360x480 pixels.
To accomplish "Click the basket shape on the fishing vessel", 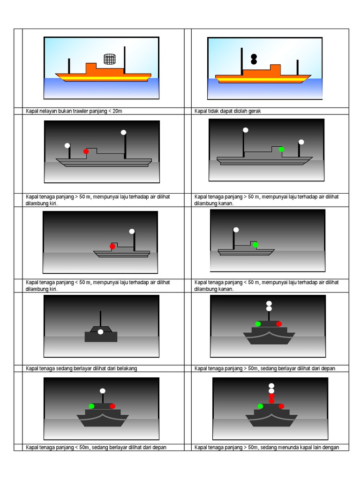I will (x=109, y=59).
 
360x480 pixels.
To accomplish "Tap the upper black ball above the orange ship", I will (x=254, y=56).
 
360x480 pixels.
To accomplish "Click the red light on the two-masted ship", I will (x=86, y=151).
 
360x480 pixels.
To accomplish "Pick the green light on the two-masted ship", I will (x=281, y=149).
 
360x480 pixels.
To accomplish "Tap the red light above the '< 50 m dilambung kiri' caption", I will (x=112, y=246).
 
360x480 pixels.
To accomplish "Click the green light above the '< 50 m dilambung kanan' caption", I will (x=255, y=245).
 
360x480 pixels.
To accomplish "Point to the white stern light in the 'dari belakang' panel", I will (x=100, y=332).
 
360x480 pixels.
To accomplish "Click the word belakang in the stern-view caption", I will (x=127, y=368).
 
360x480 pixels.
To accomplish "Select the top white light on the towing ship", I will (x=271, y=386).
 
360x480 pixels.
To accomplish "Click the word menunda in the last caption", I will (x=292, y=447).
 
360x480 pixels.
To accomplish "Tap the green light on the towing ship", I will (x=260, y=406).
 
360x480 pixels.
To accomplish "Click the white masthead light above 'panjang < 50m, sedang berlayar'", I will (x=102, y=390).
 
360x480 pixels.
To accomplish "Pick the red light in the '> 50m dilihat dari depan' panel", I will (x=279, y=324).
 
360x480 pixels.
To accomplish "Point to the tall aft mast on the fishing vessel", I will (x=124, y=60).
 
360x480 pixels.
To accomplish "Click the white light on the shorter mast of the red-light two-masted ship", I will (x=67, y=145).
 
